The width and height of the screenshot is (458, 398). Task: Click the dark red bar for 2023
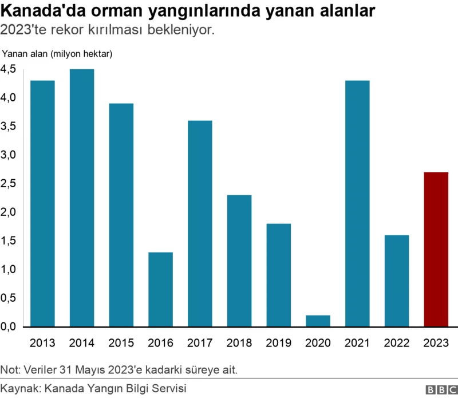point(436,249)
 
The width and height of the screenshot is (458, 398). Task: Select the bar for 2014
point(82,198)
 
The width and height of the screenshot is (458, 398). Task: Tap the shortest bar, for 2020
point(318,321)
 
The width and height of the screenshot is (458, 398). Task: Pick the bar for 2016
point(160,289)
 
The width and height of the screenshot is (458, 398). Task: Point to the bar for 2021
point(357,203)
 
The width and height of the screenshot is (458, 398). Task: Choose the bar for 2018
point(239,261)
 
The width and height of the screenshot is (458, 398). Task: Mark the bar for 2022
point(396,281)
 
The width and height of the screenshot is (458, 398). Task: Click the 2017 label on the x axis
point(200,343)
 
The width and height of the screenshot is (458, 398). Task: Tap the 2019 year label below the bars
point(278,343)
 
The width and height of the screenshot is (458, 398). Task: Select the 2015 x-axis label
point(121,343)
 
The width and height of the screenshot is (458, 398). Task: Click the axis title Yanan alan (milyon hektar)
point(57,54)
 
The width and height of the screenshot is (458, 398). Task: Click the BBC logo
point(438,389)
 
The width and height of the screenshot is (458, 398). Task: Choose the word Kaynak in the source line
point(21,389)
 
